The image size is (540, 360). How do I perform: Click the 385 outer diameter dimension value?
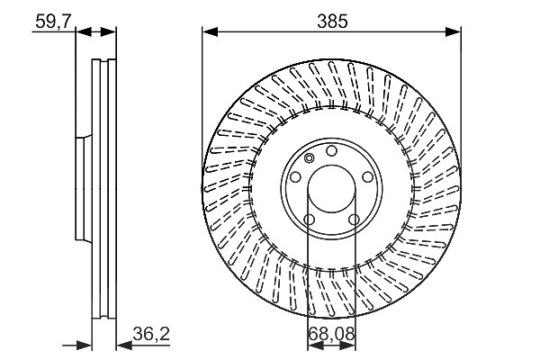pos(332,22)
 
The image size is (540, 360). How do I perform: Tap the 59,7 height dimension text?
pos(53,22)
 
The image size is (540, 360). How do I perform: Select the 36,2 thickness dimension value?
pos(151,334)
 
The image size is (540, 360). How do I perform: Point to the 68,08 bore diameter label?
pos(331,334)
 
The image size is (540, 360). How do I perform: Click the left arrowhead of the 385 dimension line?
pos(210,32)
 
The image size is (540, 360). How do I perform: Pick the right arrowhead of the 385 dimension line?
pos(453,32)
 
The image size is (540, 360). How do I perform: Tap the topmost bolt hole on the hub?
pos(331,151)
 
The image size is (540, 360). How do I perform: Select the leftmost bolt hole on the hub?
pos(295,177)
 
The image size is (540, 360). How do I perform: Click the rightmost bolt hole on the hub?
pos(367,177)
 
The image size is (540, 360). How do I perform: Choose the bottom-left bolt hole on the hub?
pos(310,220)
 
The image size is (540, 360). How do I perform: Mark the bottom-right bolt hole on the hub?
pos(354,220)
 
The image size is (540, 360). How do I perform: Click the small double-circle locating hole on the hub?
pos(310,158)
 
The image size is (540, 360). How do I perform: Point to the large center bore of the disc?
pos(331,190)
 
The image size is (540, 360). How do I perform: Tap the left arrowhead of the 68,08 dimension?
pos(315,346)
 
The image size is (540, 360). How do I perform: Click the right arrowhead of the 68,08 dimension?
pos(347,346)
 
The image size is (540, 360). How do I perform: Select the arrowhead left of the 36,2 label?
pos(124,345)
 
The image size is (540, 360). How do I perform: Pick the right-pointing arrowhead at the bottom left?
pos(84,345)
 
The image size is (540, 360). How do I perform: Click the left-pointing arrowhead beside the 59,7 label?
pos(84,32)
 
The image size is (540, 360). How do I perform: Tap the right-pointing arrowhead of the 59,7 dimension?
pos(108,32)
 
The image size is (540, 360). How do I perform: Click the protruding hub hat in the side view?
pos(84,188)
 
